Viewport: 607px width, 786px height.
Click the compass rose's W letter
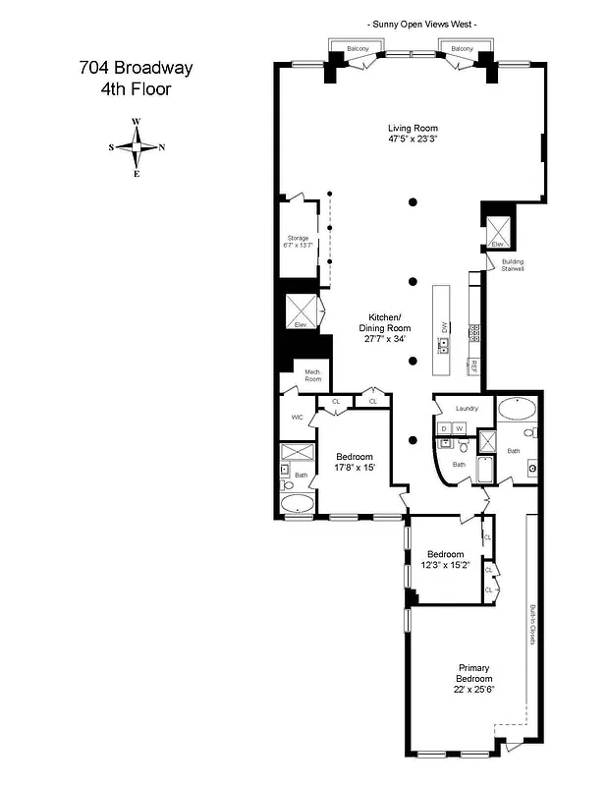click(137, 122)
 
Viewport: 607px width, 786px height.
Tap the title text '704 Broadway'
click(136, 69)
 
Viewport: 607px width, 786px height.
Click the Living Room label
click(412, 129)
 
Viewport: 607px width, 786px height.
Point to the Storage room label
click(298, 238)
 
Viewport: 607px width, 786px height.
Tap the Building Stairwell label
click(513, 264)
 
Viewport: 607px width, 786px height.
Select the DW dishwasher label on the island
click(444, 325)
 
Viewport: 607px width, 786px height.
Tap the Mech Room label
click(312, 374)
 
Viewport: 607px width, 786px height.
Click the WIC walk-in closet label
click(297, 417)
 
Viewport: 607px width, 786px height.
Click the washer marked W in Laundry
click(459, 428)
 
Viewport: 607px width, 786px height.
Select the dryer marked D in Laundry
click(444, 428)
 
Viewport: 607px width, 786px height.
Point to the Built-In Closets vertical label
click(531, 624)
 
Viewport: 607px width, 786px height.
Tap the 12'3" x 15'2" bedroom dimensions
click(445, 565)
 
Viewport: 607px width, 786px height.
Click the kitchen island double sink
click(444, 345)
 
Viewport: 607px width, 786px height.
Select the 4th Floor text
click(136, 89)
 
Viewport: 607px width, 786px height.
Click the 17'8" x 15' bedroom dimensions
click(355, 468)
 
